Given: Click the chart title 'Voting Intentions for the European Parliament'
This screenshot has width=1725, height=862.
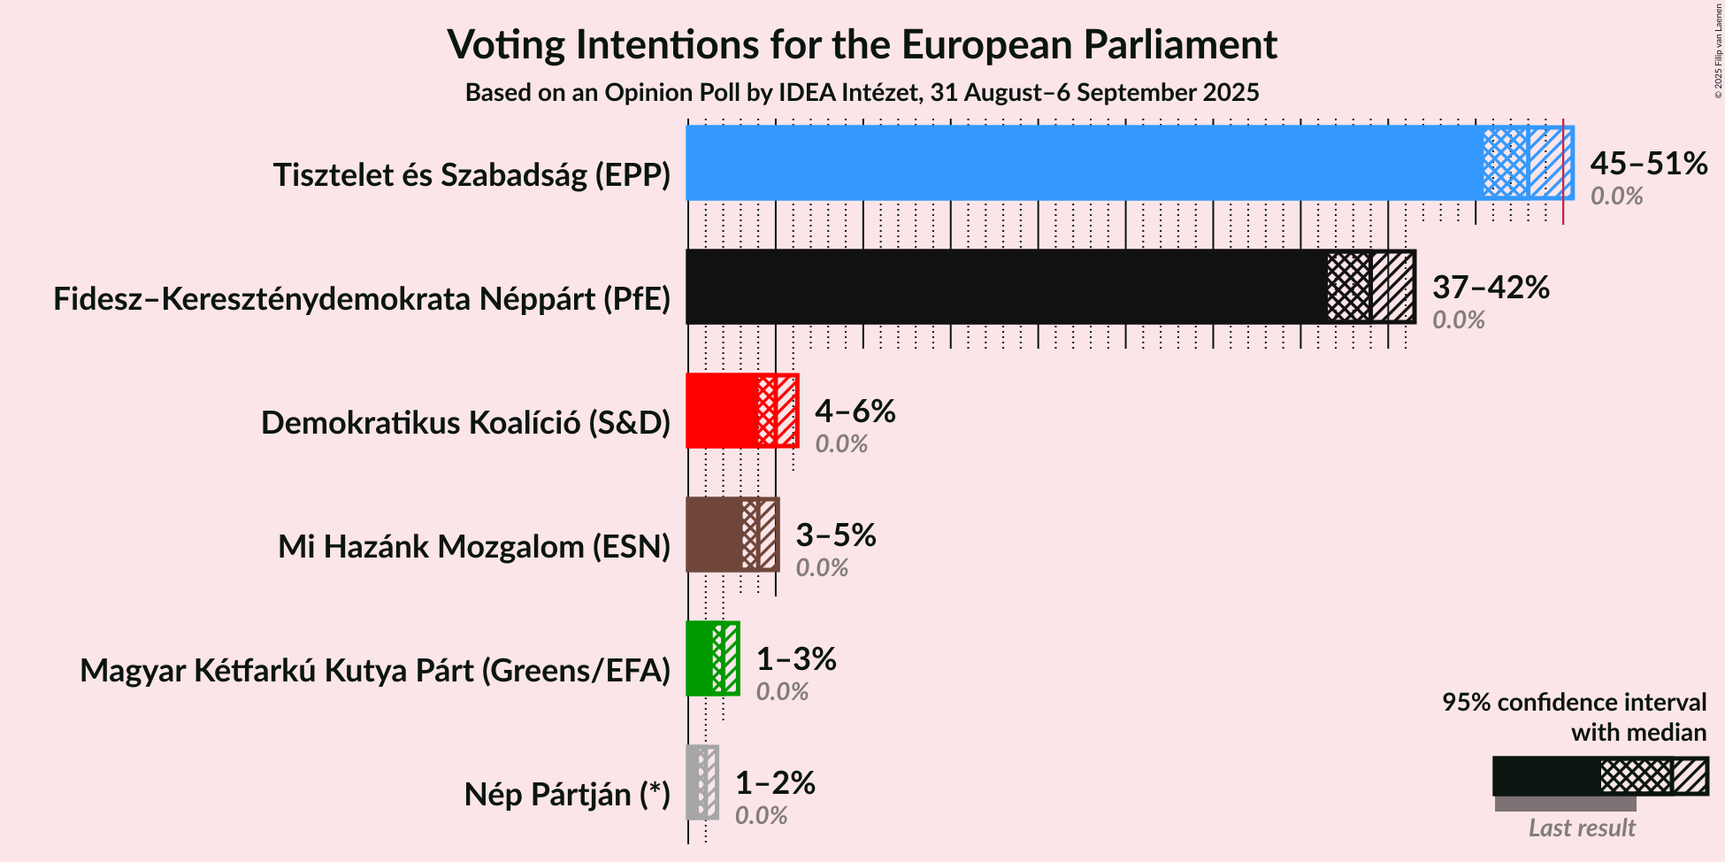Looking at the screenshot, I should coord(862,44).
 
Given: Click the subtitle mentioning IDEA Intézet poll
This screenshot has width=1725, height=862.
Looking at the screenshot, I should coord(862,93).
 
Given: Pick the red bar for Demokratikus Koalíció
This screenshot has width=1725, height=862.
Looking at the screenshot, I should coord(722,411).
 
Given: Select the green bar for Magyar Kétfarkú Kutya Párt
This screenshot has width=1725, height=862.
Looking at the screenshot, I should coord(700,658).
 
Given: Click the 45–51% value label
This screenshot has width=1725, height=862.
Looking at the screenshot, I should coord(1648,164).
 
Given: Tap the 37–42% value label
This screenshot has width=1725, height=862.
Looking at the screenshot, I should coord(1491,288).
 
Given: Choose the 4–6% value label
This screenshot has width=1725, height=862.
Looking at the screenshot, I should coord(855,412).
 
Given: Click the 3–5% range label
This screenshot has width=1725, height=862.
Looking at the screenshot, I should coord(835,535).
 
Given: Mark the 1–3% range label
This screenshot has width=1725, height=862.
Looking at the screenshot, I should coord(796,659).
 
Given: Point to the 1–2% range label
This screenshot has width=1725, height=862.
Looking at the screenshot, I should coord(775,783).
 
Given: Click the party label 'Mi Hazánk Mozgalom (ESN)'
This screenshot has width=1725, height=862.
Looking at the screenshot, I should coord(474,547).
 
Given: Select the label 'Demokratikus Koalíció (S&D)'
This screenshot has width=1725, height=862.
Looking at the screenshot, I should coord(465,423).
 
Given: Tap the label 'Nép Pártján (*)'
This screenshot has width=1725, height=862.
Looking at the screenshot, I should coord(567,795).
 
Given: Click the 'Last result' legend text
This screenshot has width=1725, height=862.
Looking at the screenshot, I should coord(1582,828).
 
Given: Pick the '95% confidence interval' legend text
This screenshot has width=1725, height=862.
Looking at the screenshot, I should coord(1574,703).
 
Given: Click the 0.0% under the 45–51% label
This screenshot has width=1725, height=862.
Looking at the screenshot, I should coord(1616,196).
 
